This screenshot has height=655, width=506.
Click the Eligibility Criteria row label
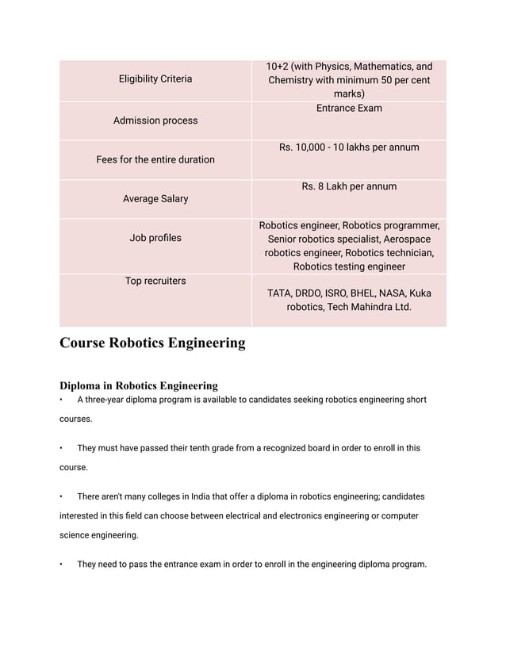pos(155,79)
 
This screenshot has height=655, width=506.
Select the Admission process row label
pos(155,121)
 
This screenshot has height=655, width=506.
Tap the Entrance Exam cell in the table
pos(349,108)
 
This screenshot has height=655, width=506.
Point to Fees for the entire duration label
pos(155,159)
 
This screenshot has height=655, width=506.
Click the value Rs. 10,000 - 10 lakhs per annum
pos(349,147)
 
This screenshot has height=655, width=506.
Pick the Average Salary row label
pos(155,199)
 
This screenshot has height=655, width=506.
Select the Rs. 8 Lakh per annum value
pos(349,186)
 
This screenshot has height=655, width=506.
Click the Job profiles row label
pos(155,238)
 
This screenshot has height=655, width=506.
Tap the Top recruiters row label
pos(155,281)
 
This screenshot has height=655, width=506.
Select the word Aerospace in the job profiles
pos(403,239)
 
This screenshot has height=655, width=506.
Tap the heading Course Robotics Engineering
pos(152,343)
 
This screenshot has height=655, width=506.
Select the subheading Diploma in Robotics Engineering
pos(139,385)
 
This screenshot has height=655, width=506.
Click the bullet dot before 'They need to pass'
pos(62,565)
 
